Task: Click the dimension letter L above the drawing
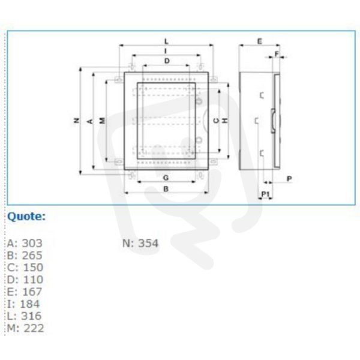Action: [x=166, y=42]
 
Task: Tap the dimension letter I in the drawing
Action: [x=166, y=51]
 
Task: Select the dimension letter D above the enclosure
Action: [x=167, y=61]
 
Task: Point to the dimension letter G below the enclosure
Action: [x=166, y=178]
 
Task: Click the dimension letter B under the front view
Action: [x=166, y=189]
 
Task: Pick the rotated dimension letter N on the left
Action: [x=77, y=121]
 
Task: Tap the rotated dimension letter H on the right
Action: [x=225, y=121]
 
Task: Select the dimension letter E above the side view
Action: [x=259, y=41]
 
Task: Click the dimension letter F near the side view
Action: [x=277, y=54]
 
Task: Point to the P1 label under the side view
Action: [x=265, y=194]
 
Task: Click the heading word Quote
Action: [x=26, y=216]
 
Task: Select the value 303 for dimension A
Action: [x=32, y=244]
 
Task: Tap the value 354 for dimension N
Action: [x=148, y=244]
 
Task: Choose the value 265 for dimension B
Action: [x=32, y=256]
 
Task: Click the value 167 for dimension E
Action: [x=32, y=292]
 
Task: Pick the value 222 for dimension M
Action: [x=34, y=328]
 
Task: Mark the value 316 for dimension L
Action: [x=31, y=316]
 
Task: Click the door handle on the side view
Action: [x=273, y=121]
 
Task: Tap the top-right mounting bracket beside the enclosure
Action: [x=214, y=79]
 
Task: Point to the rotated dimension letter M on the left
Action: [x=103, y=121]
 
